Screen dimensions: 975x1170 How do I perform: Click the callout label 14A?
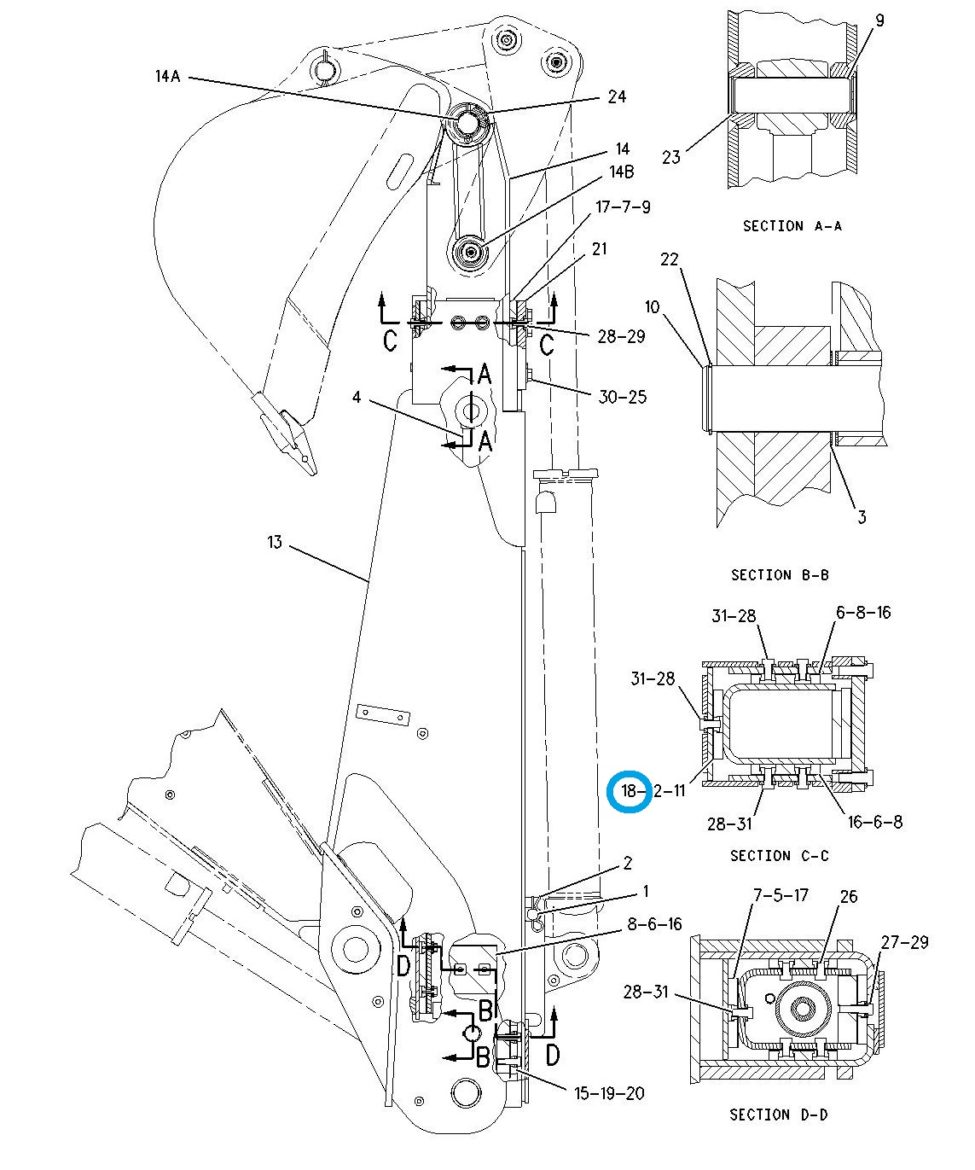pyautogui.click(x=168, y=75)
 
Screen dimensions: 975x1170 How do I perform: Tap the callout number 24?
pyautogui.click(x=616, y=96)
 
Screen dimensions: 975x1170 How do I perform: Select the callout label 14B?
pyautogui.click(x=621, y=172)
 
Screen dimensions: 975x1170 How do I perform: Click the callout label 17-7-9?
pyautogui.click(x=623, y=207)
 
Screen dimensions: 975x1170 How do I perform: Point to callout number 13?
pyautogui.click(x=275, y=542)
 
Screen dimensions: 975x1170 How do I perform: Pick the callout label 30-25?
pyautogui.click(x=622, y=397)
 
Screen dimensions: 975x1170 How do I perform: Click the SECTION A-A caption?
pyautogui.click(x=791, y=225)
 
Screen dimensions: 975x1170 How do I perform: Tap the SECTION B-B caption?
pyautogui.click(x=780, y=575)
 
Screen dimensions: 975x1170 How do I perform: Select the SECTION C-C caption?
pyautogui.click(x=779, y=855)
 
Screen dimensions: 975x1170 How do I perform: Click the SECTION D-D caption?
pyautogui.click(x=778, y=1114)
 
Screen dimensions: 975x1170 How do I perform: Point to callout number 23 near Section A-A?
pyautogui.click(x=671, y=157)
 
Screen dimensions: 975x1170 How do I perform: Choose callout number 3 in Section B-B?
pyautogui.click(x=862, y=516)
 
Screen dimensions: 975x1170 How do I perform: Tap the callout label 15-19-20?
pyautogui.click(x=609, y=1093)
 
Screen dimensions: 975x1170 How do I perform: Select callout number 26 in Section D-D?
pyautogui.click(x=849, y=896)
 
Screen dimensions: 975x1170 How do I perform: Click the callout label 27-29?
pyautogui.click(x=904, y=942)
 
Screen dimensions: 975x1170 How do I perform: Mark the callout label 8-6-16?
pyautogui.click(x=654, y=924)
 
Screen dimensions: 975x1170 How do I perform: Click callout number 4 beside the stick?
pyautogui.click(x=357, y=397)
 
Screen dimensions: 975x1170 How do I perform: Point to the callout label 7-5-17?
pyautogui.click(x=781, y=895)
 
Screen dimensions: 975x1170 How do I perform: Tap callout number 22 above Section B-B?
pyautogui.click(x=670, y=259)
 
